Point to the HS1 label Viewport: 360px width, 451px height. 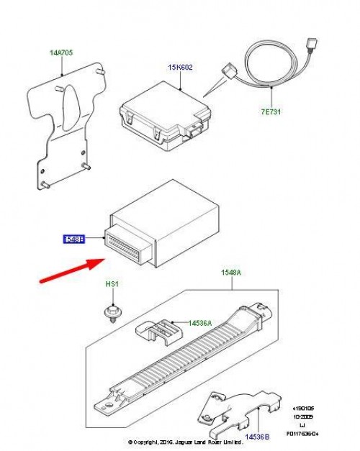point(112,285)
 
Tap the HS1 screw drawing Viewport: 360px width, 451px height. point(112,312)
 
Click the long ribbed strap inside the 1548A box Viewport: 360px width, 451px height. point(194,360)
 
